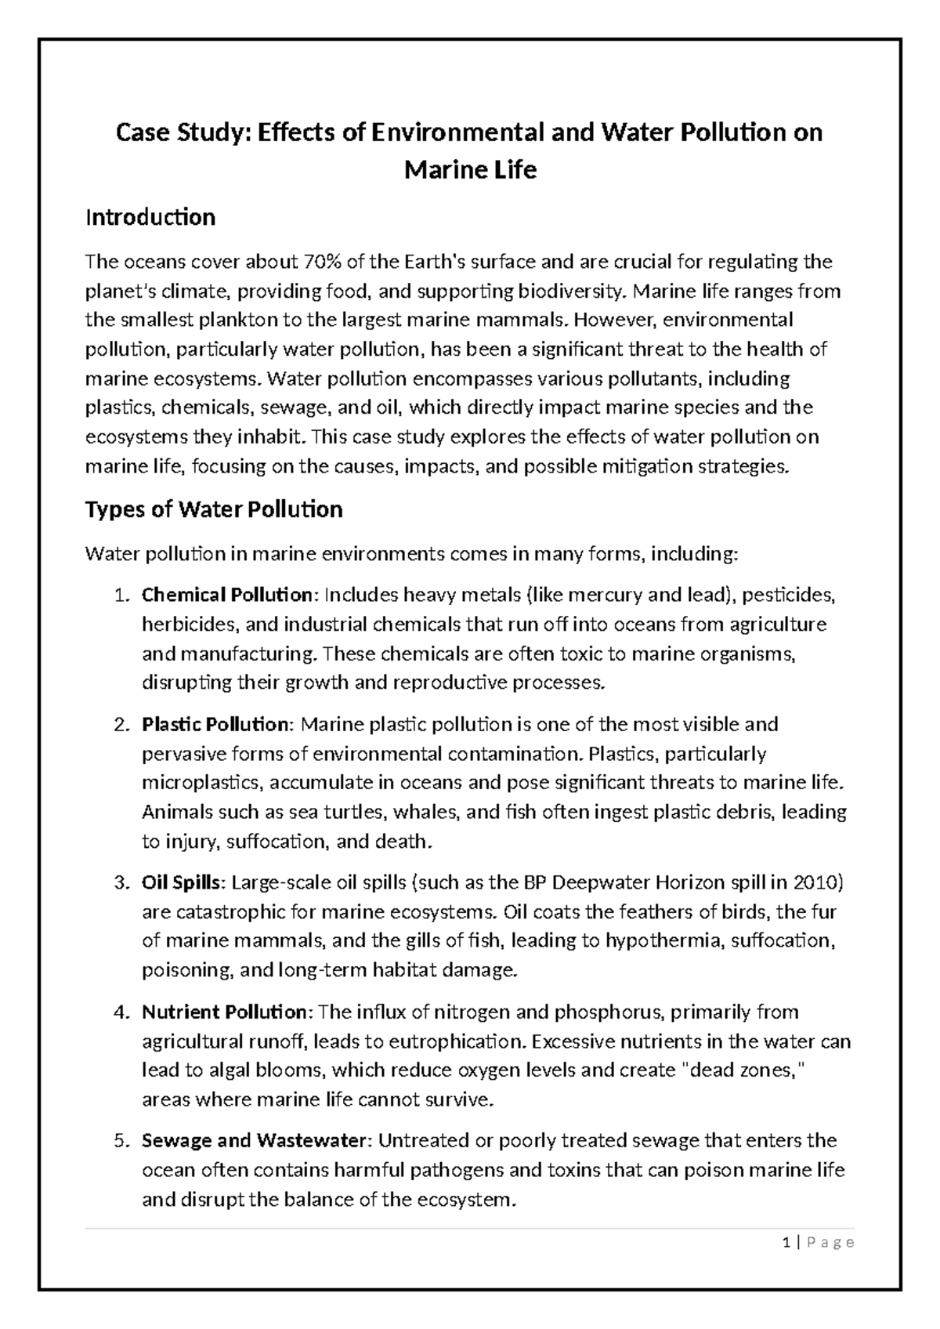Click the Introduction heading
coord(150,217)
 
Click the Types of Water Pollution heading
coord(213,510)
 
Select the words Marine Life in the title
coord(470,169)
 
